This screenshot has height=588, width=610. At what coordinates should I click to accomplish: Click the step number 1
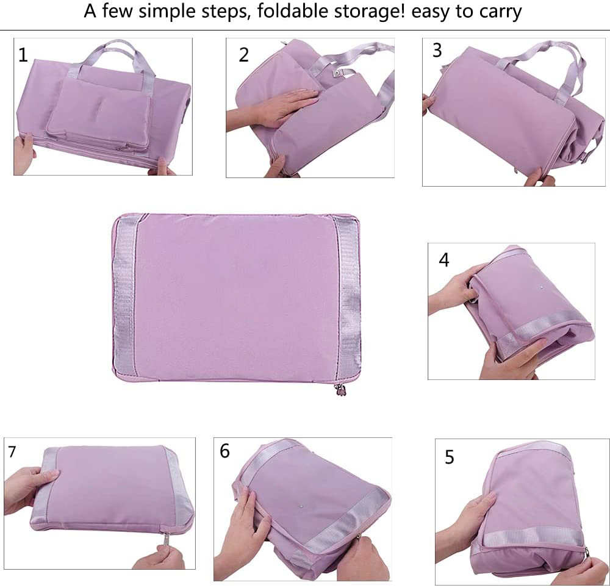coord(23,55)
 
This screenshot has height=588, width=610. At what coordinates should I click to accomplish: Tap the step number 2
coord(244,55)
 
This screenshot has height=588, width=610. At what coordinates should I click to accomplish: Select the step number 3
coord(437,51)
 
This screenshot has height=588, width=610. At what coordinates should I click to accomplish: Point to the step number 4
coord(444,260)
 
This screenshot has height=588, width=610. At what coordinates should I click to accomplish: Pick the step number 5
coord(450,457)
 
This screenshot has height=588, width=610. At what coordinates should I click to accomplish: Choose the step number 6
coord(225,451)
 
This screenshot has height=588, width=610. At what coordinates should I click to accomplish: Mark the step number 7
coord(12,452)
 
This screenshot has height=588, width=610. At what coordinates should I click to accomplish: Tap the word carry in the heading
coord(501,12)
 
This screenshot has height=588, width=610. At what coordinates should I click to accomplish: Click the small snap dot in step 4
coord(541,285)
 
